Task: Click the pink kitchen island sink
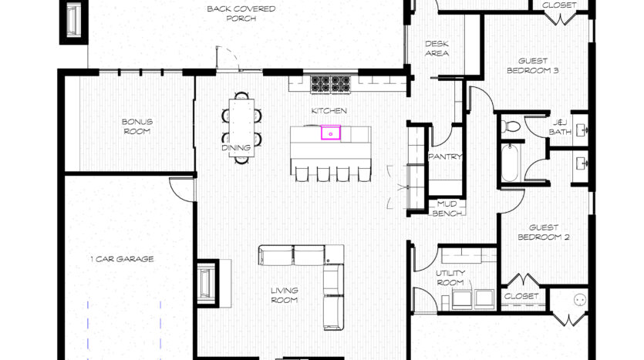point(331,133)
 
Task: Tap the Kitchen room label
point(329,111)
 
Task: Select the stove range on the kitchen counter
point(331,85)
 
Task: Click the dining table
point(241,128)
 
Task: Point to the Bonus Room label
point(137,126)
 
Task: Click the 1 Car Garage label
point(122,259)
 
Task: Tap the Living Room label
point(285,295)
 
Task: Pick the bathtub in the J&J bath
point(510,162)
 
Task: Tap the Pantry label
point(445,156)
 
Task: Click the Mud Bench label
point(447,209)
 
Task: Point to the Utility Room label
point(450,278)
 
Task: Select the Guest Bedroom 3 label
point(533,66)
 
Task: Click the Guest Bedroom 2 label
point(544,232)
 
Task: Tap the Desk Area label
point(437,49)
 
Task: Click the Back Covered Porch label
point(241,14)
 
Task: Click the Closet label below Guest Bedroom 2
point(521,296)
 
